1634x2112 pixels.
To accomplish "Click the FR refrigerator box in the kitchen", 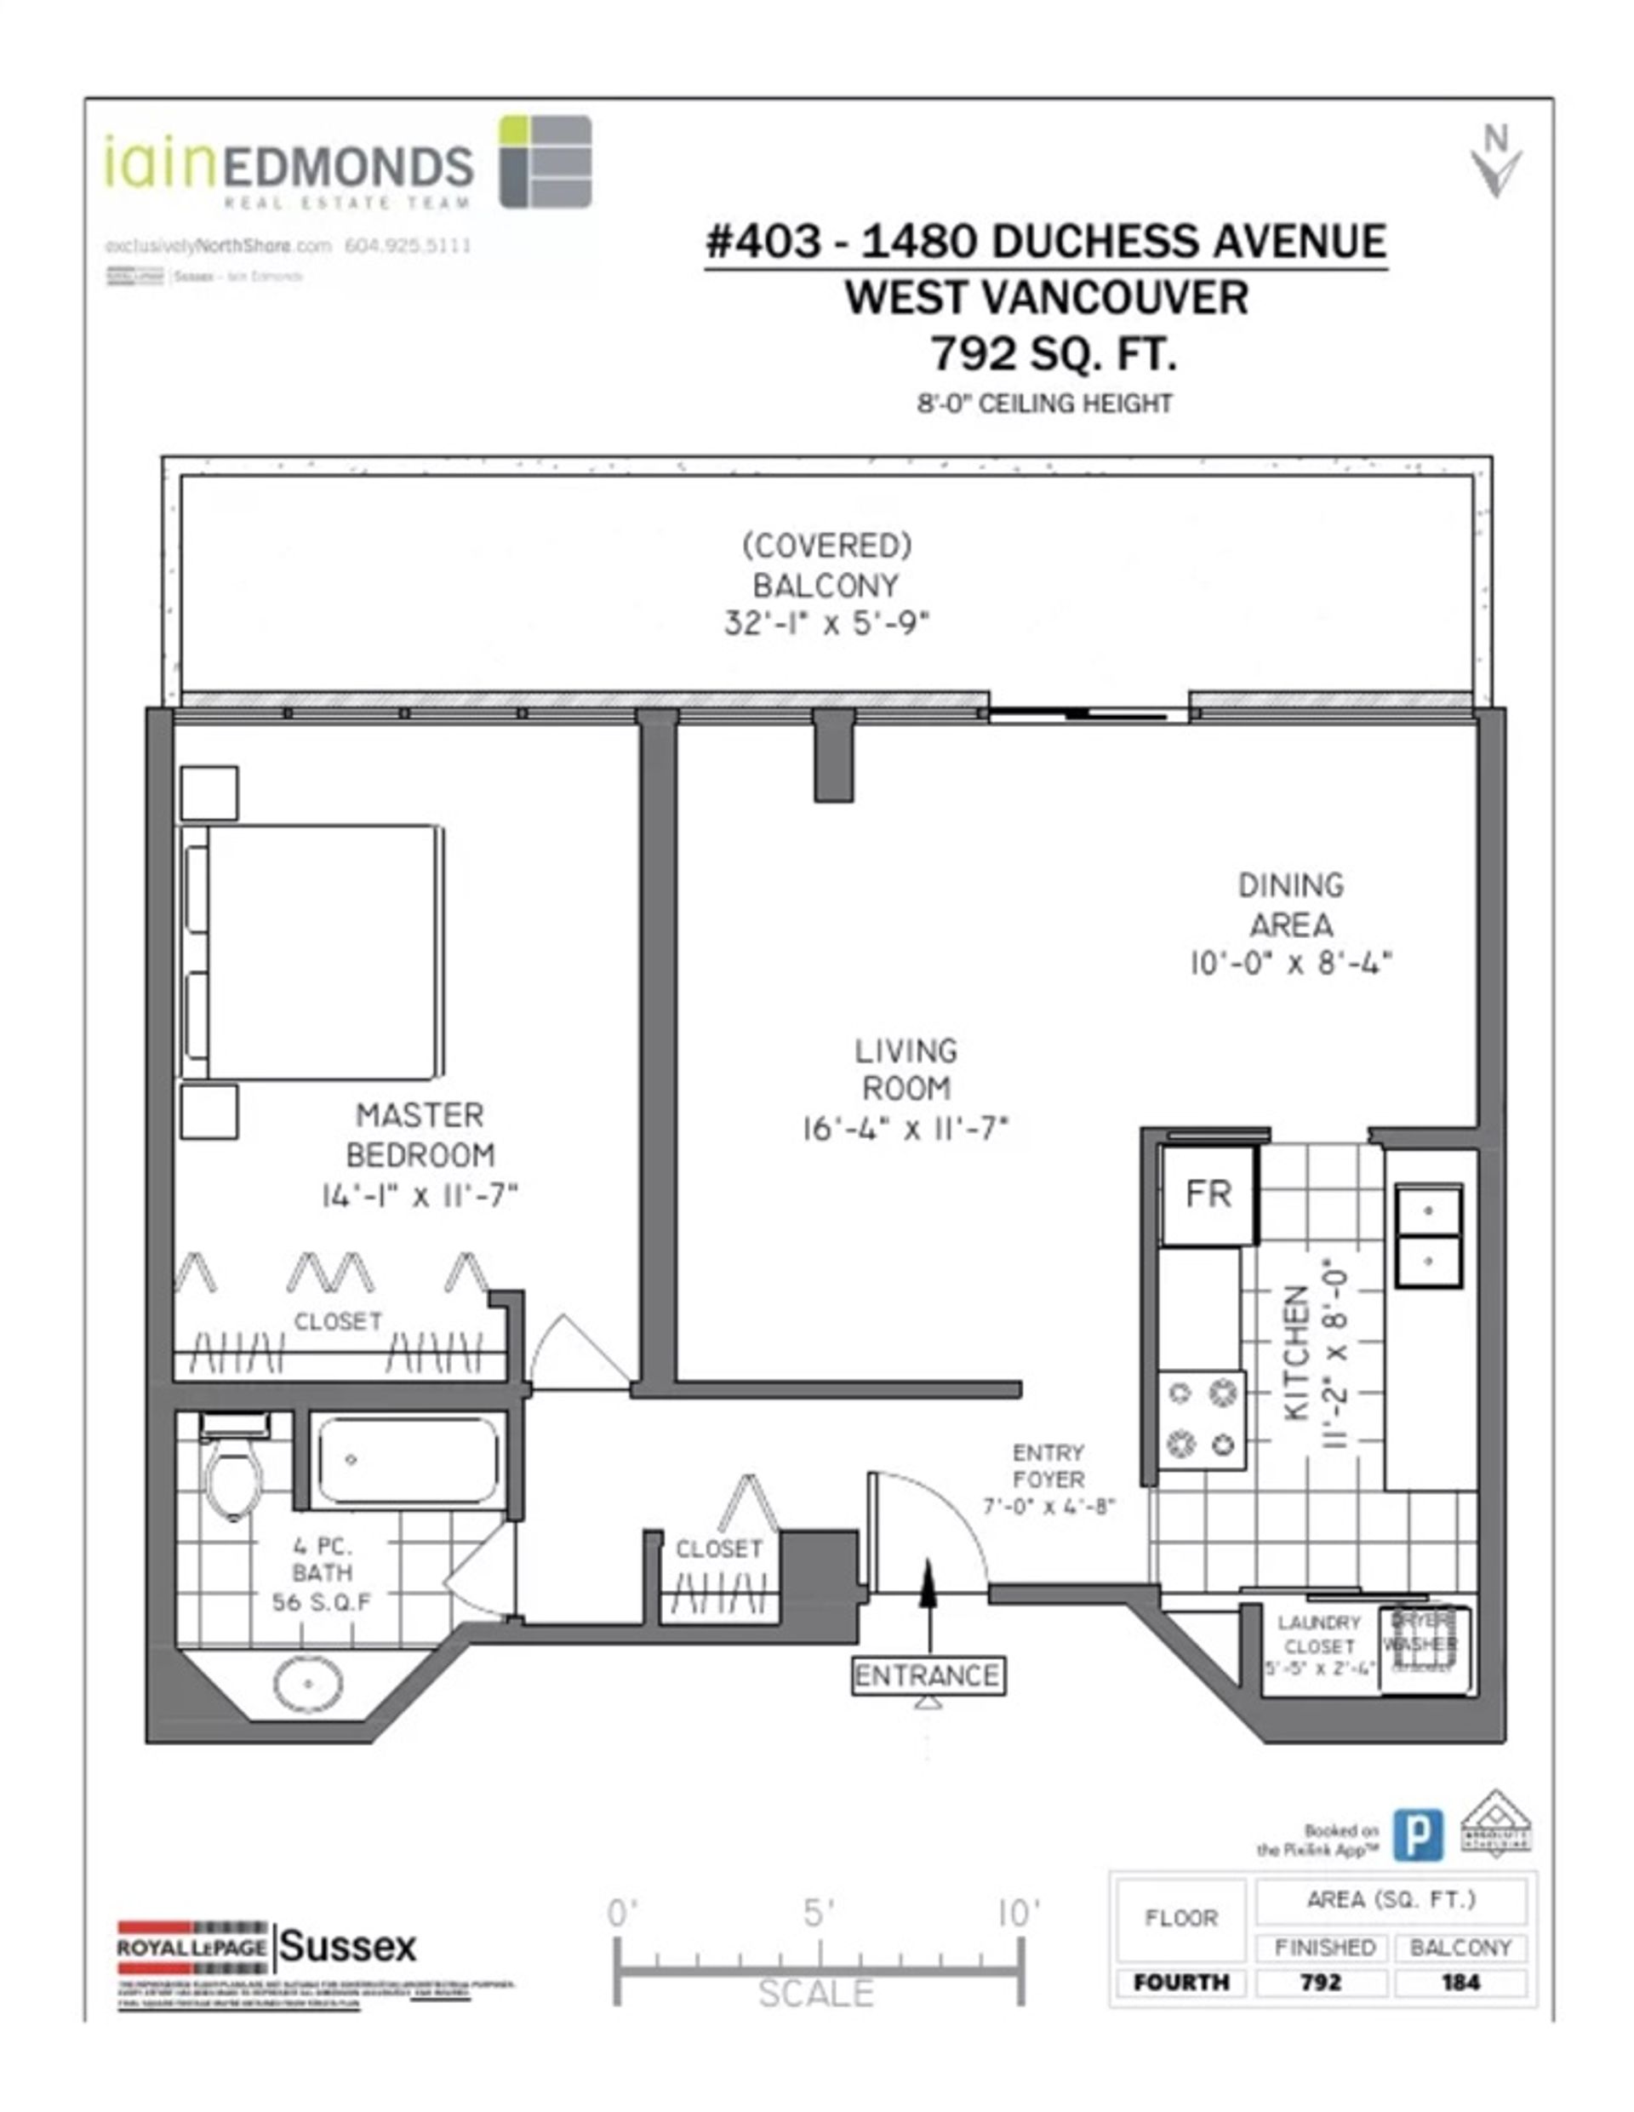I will click(1208, 1195).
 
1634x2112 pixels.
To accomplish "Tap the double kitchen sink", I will click(1427, 1235).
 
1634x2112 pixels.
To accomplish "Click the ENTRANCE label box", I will click(928, 1675).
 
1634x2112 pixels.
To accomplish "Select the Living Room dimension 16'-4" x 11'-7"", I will click(905, 1129).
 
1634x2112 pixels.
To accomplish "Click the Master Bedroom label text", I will click(420, 1136).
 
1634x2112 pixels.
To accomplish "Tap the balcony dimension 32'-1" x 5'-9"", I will click(826, 624).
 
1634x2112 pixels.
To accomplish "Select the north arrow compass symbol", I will click(1496, 163).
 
